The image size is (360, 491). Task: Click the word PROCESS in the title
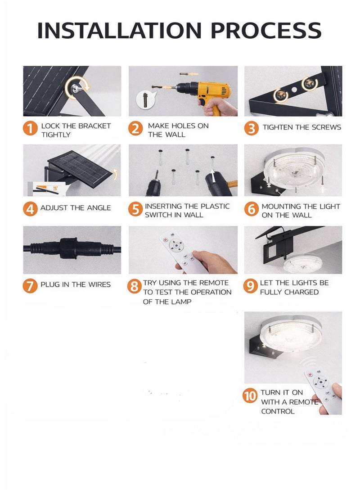[266, 30]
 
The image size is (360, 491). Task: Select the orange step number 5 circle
[135, 209]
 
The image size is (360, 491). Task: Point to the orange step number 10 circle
[250, 396]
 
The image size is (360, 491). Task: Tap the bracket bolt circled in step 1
[75, 89]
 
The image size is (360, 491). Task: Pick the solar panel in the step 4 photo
[80, 169]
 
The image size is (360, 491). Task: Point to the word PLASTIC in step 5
[215, 207]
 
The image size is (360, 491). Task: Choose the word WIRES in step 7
[99, 284]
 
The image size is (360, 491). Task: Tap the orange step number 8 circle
[134, 286]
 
